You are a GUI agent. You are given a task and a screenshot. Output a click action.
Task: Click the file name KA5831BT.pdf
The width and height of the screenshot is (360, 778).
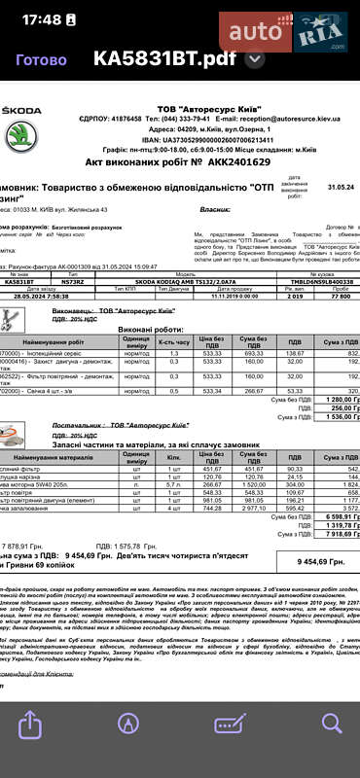coord(164,58)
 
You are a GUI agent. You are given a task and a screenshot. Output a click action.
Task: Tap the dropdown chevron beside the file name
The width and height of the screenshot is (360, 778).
coord(256,58)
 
